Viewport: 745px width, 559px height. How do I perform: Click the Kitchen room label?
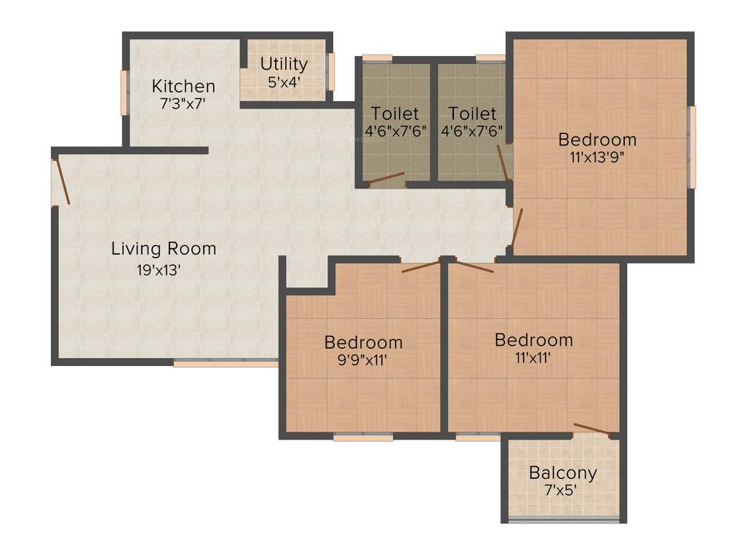coord(183,86)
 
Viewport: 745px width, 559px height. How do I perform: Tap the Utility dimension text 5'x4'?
coord(284,82)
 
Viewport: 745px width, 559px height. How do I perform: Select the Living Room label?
coord(164,249)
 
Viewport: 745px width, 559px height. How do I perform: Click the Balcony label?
coord(563,472)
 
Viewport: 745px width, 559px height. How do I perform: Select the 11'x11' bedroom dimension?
coord(533,357)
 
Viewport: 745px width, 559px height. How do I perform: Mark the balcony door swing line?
coord(592,429)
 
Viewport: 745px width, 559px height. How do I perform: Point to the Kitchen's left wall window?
coord(124,92)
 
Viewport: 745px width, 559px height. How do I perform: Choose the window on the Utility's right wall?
coord(330,71)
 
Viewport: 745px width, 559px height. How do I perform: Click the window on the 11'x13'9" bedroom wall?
coord(692,146)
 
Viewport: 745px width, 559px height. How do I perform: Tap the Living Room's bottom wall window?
coord(226,362)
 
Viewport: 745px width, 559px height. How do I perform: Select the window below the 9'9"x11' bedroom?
coord(363,437)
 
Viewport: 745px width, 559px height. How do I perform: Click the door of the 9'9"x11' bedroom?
coord(421,266)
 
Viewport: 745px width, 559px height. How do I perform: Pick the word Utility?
coord(284,64)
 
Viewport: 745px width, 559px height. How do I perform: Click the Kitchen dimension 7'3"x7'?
coord(183,103)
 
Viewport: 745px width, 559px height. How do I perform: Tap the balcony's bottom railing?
coord(564,520)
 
